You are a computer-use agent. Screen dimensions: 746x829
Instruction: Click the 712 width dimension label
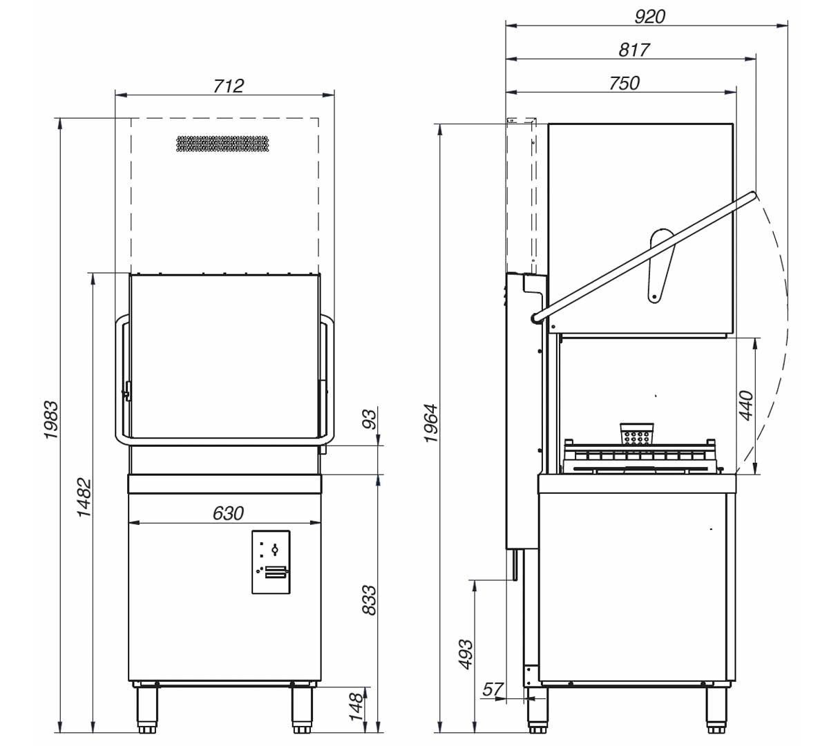click(x=229, y=85)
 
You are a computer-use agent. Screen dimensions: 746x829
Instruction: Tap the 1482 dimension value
click(x=84, y=497)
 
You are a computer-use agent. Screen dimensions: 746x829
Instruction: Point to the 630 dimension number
click(x=228, y=513)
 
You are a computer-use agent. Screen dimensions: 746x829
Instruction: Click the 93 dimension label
click(x=370, y=419)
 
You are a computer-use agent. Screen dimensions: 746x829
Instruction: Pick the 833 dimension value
click(x=370, y=600)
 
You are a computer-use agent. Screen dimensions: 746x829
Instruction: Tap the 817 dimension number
click(x=633, y=50)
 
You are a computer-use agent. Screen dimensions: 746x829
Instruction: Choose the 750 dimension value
click(x=624, y=83)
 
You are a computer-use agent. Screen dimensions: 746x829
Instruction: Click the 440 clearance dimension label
click(x=746, y=406)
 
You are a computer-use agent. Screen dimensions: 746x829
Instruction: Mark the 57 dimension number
click(x=493, y=689)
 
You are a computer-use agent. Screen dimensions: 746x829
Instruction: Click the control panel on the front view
click(x=270, y=562)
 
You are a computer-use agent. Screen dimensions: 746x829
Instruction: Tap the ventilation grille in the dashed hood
click(x=222, y=144)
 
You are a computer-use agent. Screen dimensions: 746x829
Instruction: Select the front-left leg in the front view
click(x=146, y=707)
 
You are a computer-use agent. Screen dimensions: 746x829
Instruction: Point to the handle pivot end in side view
click(x=536, y=317)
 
